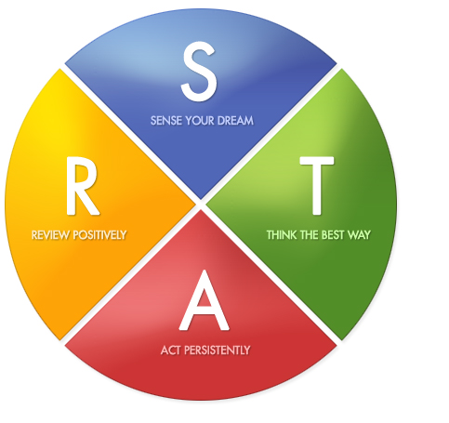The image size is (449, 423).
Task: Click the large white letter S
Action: click(199, 71)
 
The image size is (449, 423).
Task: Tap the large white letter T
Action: click(317, 185)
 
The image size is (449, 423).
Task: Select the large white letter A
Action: click(205, 300)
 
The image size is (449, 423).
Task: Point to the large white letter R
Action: click(83, 185)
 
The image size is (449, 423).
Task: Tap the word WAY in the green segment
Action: click(359, 235)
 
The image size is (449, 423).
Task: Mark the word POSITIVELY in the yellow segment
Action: click(99, 235)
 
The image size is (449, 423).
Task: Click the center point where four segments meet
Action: click(201, 205)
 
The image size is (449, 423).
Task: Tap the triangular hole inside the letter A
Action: click(204, 298)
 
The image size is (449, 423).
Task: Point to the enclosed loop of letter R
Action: click(83, 175)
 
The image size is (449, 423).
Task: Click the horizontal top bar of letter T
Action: click(317, 161)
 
